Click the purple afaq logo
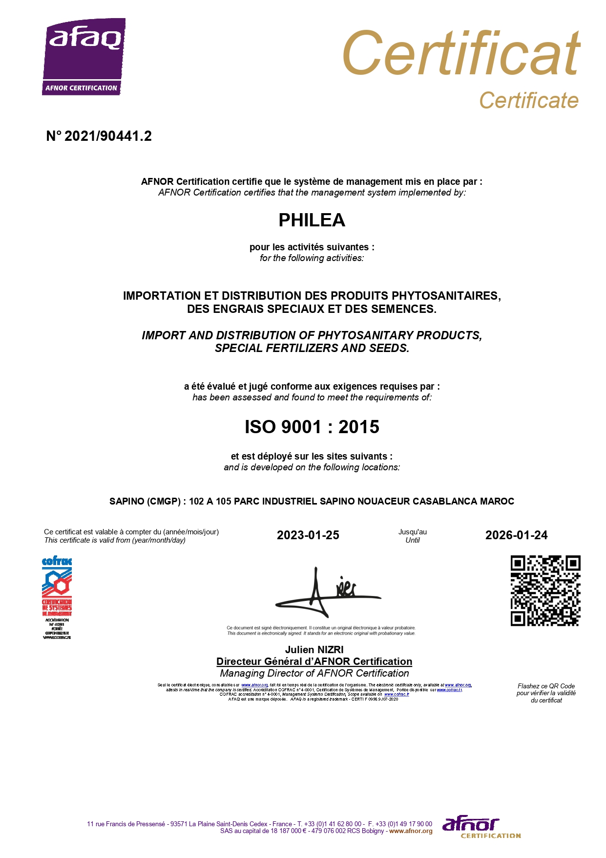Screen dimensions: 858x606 tap(84, 56)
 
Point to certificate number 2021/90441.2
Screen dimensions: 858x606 tap(99, 136)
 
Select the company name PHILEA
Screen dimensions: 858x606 tap(312, 220)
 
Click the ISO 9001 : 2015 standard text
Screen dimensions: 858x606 tap(312, 427)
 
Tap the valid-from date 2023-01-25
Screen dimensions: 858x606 tap(308, 535)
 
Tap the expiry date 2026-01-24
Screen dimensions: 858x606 tap(516, 535)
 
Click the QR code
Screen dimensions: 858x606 tap(545, 591)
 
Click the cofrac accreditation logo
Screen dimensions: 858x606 tap(57, 597)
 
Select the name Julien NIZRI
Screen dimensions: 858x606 tap(314, 650)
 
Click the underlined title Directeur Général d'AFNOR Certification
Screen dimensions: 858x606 tap(314, 661)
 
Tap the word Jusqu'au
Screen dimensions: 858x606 tap(412, 532)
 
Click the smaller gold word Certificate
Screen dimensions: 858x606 tap(528, 101)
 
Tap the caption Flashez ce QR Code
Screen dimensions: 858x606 tap(546, 686)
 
